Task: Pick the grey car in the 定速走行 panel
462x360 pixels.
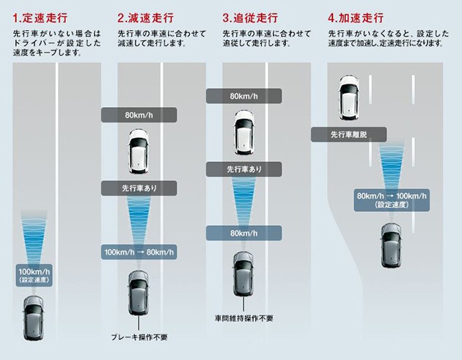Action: [34, 316]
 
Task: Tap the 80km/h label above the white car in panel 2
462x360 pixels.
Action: [139, 115]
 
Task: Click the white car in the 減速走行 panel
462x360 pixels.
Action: [139, 149]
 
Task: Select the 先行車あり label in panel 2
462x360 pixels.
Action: [139, 188]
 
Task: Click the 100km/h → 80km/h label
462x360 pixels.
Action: [139, 252]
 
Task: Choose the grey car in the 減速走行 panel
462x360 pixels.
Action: [139, 291]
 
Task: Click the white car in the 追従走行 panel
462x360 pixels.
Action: [243, 132]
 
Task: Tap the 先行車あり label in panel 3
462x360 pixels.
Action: [243, 169]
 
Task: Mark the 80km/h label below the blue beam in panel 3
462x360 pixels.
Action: [243, 233]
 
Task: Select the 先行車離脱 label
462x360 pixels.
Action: [348, 134]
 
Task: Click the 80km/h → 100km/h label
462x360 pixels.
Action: [392, 200]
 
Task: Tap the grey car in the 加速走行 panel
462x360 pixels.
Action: [391, 246]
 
